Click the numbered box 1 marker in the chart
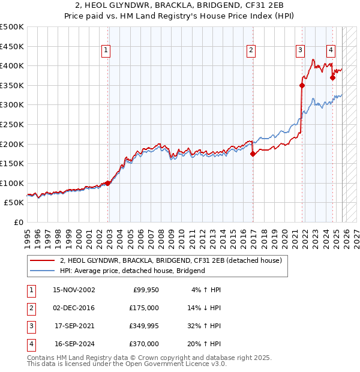tap(106, 51)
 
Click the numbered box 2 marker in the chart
tap(251, 51)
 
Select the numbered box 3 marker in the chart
tap(299, 51)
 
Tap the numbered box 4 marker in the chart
tap(331, 51)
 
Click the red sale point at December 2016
tap(253, 154)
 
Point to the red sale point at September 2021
tap(302, 85)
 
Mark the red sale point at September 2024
tap(332, 77)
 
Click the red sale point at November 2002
tap(108, 183)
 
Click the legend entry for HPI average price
tap(132, 271)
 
